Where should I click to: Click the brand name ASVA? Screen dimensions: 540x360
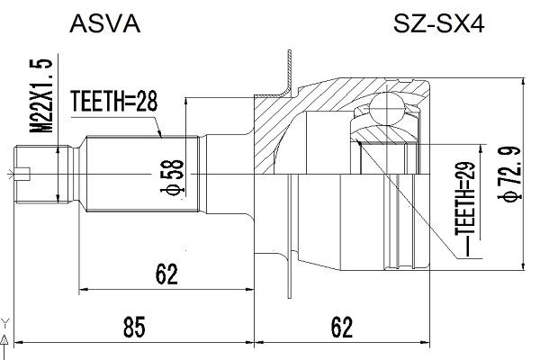pos(105,24)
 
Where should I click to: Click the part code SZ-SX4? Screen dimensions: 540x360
pos(439,24)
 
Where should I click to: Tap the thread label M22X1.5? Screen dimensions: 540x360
pos(42,95)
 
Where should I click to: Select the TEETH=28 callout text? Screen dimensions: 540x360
pos(114,102)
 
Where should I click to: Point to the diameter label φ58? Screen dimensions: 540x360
pos(172,177)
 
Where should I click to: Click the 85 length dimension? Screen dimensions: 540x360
pos(134,328)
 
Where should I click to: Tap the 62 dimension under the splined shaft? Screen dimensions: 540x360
pos(166,274)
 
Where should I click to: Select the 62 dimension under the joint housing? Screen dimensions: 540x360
pos(342,328)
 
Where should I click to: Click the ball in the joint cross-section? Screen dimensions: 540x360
pos(386,108)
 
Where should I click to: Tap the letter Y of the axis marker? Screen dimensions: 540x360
pos(4,323)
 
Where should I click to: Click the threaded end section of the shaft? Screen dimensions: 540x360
pos(42,174)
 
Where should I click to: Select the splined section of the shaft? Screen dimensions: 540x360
pos(142,174)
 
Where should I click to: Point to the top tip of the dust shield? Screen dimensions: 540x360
pos(289,50)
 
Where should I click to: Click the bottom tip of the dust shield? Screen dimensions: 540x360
pos(289,297)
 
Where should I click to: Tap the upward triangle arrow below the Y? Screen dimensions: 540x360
pos(4,339)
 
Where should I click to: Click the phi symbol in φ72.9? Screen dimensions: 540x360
pos(509,195)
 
